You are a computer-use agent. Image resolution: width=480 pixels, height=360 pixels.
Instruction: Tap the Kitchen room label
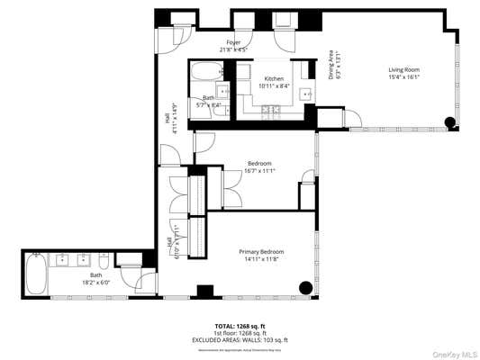click(274, 78)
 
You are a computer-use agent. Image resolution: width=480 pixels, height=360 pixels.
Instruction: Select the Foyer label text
click(233, 42)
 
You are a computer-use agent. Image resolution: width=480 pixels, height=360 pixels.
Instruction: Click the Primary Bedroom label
click(262, 251)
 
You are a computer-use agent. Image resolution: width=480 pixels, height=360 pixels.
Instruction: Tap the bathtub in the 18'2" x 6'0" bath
click(35, 273)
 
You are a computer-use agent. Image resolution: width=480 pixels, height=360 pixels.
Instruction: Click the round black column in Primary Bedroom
click(306, 288)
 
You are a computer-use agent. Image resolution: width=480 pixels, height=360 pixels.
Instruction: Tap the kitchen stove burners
click(268, 110)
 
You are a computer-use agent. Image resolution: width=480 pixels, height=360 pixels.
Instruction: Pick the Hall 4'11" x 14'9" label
click(170, 121)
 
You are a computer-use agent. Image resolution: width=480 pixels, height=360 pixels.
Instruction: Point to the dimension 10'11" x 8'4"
click(274, 85)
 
